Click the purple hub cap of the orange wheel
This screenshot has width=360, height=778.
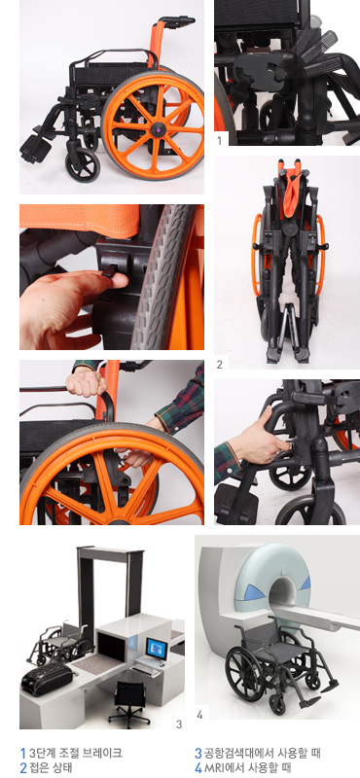pos(159,129)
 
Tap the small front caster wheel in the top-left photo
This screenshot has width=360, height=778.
pos(83,164)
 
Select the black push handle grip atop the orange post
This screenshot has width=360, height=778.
pos(177,20)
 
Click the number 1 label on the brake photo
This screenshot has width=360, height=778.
pos(220,141)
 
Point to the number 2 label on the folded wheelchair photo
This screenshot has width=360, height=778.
pos(220,365)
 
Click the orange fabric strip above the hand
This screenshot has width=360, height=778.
pos(80,220)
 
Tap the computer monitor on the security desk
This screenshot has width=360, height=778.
pos(157,649)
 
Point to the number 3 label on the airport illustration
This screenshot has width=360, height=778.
pos(179,725)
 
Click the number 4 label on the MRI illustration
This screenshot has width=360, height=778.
pos(199,715)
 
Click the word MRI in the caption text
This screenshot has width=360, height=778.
pos(213,768)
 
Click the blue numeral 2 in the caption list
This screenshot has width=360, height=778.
pos(22,768)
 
